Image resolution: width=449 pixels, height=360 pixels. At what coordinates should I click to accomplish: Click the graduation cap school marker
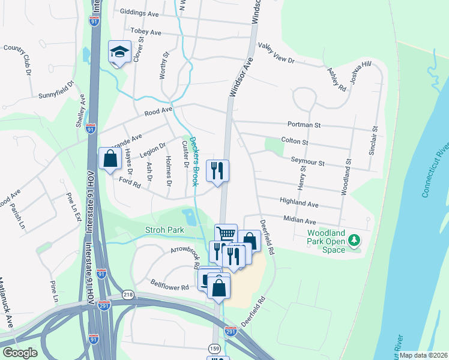pos(119,53)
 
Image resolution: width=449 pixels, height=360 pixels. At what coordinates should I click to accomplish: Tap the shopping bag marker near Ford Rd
pos(110,160)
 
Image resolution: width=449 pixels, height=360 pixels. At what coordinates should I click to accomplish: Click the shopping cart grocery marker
pos(226,234)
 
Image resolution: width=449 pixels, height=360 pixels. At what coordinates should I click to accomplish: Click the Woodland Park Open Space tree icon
pos(354,240)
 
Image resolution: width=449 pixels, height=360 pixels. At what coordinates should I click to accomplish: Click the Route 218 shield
pos(128,294)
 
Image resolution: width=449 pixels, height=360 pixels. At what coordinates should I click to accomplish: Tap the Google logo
pos(20,353)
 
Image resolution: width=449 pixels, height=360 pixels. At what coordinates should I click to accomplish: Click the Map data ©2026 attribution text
pos(424,355)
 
